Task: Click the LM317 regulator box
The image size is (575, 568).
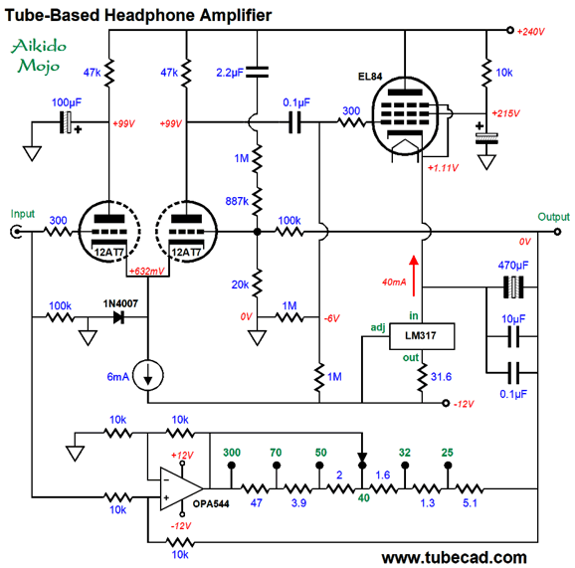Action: [422, 336]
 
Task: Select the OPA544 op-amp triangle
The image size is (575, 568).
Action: [181, 488]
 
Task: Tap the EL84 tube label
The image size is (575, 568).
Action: [370, 77]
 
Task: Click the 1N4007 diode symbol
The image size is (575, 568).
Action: [118, 317]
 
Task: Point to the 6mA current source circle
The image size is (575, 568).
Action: [148, 375]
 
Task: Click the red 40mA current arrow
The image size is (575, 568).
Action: [414, 276]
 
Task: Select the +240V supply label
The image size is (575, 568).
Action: [530, 32]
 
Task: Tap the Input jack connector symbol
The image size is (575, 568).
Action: [16, 232]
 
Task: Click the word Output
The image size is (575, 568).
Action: [554, 217]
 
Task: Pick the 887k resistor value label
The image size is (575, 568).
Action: [237, 201]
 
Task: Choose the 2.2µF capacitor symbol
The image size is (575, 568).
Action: [257, 73]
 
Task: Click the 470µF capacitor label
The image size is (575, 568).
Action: [513, 266]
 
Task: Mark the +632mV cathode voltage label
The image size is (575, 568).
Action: [146, 271]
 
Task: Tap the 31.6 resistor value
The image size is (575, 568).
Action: [441, 377]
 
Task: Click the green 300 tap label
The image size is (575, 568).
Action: [232, 453]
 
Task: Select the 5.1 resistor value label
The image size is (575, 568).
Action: [470, 502]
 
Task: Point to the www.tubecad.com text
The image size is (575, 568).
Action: [454, 557]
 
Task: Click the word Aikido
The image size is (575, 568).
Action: [39, 46]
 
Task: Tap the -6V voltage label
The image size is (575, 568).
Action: [332, 318]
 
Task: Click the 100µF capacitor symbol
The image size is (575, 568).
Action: [66, 122]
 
